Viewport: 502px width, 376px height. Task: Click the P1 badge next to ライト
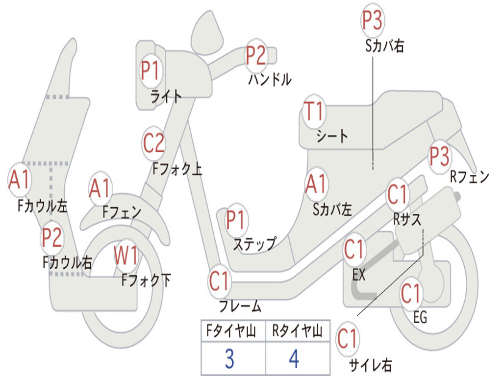(151, 70)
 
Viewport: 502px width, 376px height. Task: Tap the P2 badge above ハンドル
(255, 55)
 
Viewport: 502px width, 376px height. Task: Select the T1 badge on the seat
(314, 112)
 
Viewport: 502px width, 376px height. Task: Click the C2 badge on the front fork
(153, 143)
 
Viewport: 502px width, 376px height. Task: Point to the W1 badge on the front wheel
(126, 256)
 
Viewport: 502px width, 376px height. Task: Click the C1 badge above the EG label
(411, 294)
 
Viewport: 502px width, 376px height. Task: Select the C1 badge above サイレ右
(348, 339)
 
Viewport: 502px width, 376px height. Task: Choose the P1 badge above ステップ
(236, 220)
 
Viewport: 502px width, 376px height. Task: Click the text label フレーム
(240, 307)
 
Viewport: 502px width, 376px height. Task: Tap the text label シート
(332, 136)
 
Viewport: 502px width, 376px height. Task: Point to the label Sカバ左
(332, 210)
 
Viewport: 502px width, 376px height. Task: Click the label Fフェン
(122, 212)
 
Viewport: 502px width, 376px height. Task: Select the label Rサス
(407, 219)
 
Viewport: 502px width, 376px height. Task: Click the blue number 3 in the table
(229, 359)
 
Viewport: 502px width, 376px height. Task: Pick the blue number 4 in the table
(294, 359)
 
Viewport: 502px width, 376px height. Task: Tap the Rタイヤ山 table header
(297, 331)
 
